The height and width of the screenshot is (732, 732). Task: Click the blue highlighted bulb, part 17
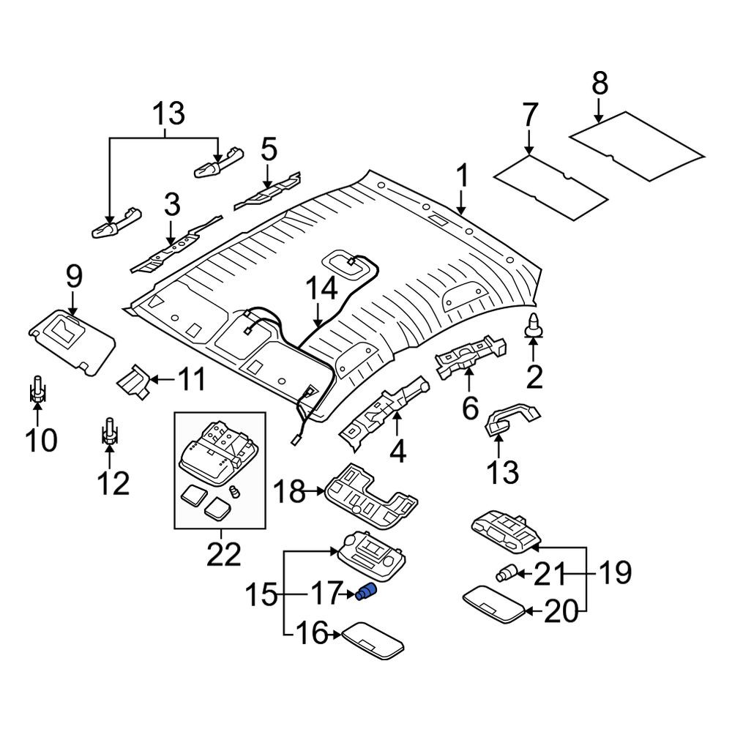click(365, 592)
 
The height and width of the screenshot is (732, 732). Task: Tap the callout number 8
click(600, 84)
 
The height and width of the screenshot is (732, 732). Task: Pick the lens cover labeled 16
click(373, 640)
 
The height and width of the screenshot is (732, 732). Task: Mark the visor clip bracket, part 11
click(134, 381)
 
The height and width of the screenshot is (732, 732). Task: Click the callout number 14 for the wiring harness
click(322, 288)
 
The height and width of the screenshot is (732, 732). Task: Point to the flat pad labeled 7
click(550, 187)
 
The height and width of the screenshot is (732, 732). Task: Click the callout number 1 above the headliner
click(462, 177)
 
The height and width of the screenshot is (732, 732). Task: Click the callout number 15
click(261, 594)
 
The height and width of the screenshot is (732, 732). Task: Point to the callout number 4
click(397, 452)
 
